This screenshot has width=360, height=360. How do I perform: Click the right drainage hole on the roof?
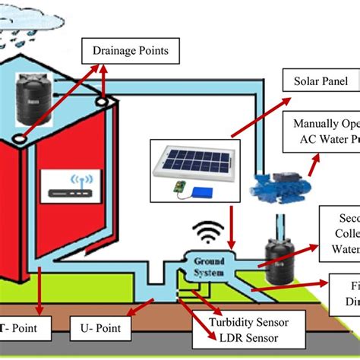[x=102, y=99]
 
